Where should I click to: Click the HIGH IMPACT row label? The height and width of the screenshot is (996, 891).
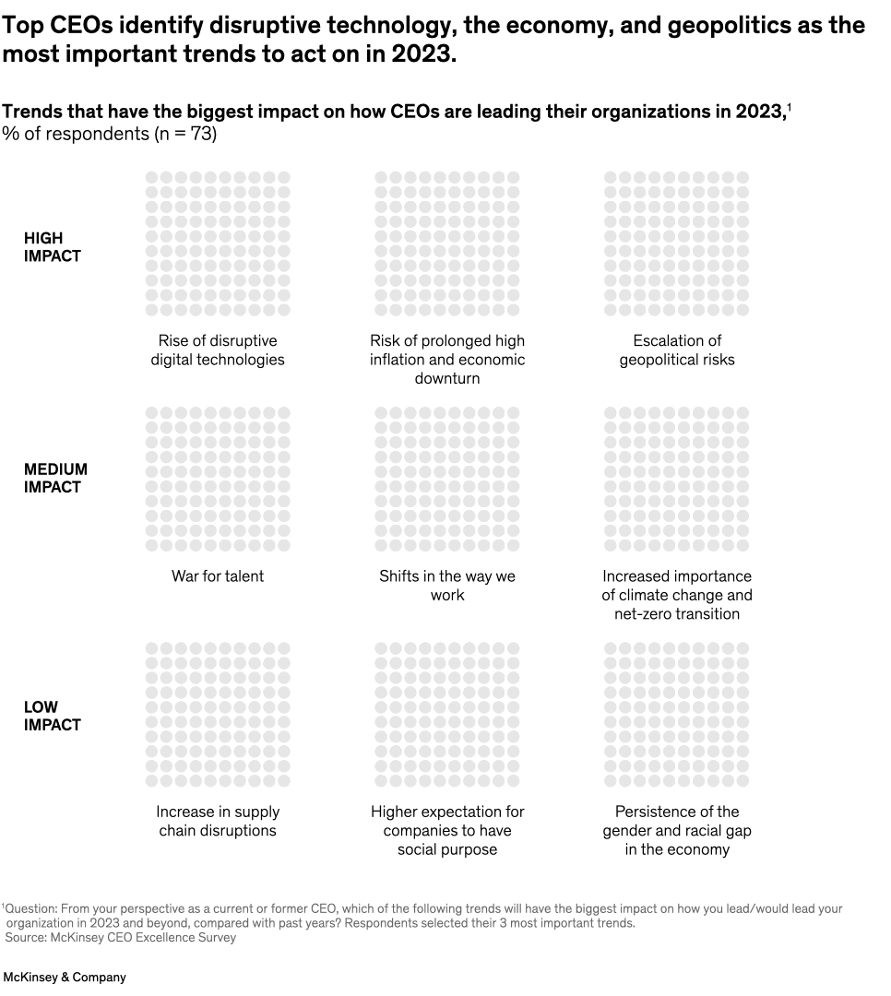[x=53, y=247]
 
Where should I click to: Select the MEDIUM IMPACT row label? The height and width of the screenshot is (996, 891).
[x=55, y=479]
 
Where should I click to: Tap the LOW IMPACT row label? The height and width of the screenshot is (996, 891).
[x=53, y=716]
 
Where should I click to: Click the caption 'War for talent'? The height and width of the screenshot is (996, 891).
[x=218, y=576]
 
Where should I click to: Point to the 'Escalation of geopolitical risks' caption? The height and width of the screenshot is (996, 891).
[x=677, y=350]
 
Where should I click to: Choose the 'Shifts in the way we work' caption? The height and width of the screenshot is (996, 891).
[x=447, y=586]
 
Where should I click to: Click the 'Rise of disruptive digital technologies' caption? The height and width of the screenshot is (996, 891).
[x=218, y=350]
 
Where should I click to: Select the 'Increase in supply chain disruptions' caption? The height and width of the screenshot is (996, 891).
[x=218, y=821]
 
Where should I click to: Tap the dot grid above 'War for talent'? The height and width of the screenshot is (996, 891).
[x=218, y=480]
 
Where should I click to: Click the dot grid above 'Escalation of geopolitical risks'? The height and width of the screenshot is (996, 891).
[x=677, y=243]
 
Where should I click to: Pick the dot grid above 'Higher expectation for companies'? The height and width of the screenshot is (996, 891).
[x=447, y=716]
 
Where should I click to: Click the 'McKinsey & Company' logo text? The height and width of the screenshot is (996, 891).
[x=65, y=977]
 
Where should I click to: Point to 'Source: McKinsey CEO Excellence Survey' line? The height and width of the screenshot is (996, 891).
[x=121, y=937]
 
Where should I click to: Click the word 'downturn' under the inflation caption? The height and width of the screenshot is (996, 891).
[x=447, y=379]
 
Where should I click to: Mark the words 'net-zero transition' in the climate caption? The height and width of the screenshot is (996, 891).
[x=677, y=614]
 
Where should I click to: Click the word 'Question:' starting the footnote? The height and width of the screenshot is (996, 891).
[x=30, y=908]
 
